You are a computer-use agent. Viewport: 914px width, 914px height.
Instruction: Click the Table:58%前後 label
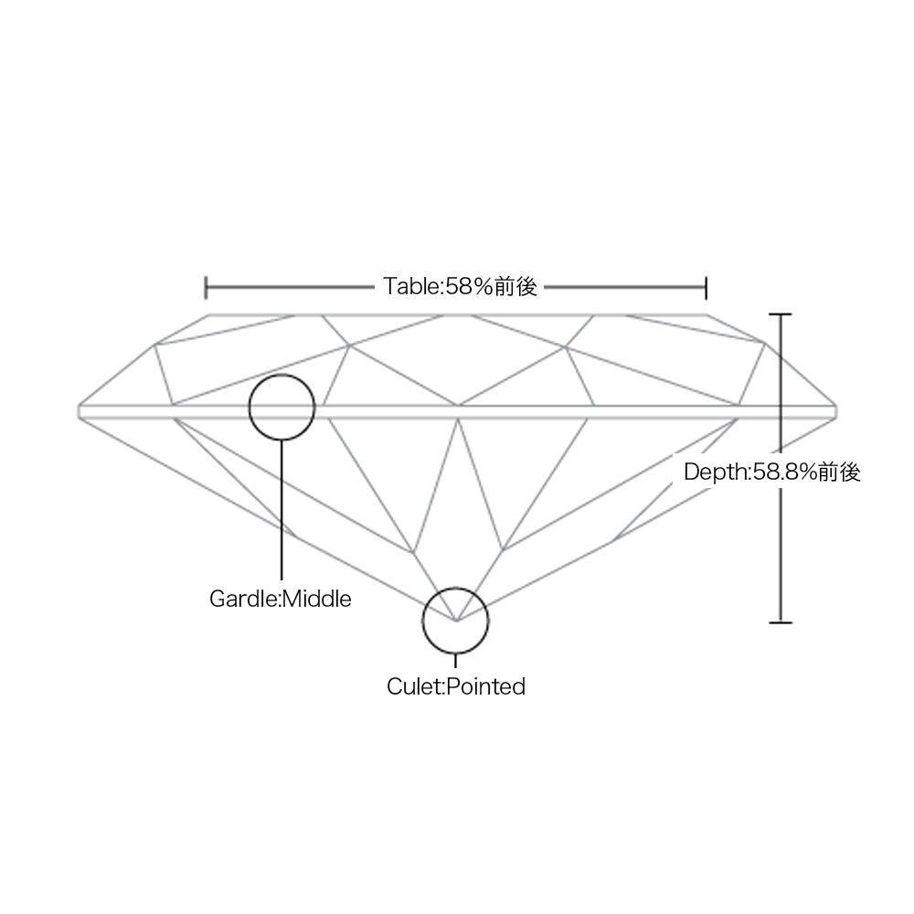pyautogui.click(x=460, y=287)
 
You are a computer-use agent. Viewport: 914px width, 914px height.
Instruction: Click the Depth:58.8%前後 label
pyautogui.click(x=771, y=472)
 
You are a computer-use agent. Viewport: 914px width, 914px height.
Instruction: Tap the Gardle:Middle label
pyautogui.click(x=281, y=599)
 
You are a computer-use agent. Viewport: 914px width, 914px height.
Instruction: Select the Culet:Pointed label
pyautogui.click(x=456, y=686)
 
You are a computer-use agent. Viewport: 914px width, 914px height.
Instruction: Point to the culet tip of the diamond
pyautogui.click(x=456, y=621)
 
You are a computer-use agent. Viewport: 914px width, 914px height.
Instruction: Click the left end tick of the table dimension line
pyautogui.click(x=206, y=287)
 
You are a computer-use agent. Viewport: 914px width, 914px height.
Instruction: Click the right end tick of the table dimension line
pyautogui.click(x=706, y=287)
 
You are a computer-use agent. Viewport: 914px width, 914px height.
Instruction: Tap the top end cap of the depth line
pyautogui.click(x=781, y=314)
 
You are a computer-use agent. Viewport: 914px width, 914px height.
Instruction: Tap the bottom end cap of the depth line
pyautogui.click(x=781, y=622)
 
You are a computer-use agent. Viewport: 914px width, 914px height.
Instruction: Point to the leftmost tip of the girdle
pyautogui.click(x=78, y=412)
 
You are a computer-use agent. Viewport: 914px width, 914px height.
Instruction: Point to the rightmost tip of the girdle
pyautogui.click(x=836, y=412)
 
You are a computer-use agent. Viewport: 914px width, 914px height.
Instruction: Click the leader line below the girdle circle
pyautogui.click(x=282, y=509)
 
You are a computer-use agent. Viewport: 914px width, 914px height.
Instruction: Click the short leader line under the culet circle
pyautogui.click(x=456, y=661)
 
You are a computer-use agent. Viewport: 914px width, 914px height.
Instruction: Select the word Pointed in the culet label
pyautogui.click(x=486, y=686)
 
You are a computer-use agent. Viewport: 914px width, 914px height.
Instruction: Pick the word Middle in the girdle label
pyautogui.click(x=317, y=599)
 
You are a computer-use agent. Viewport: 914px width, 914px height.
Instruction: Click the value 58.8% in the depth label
pyautogui.click(x=784, y=472)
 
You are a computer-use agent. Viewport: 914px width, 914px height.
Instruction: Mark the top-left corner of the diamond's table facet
pyautogui.click(x=209, y=314)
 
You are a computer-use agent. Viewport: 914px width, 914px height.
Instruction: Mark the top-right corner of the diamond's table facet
pyautogui.click(x=707, y=314)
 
